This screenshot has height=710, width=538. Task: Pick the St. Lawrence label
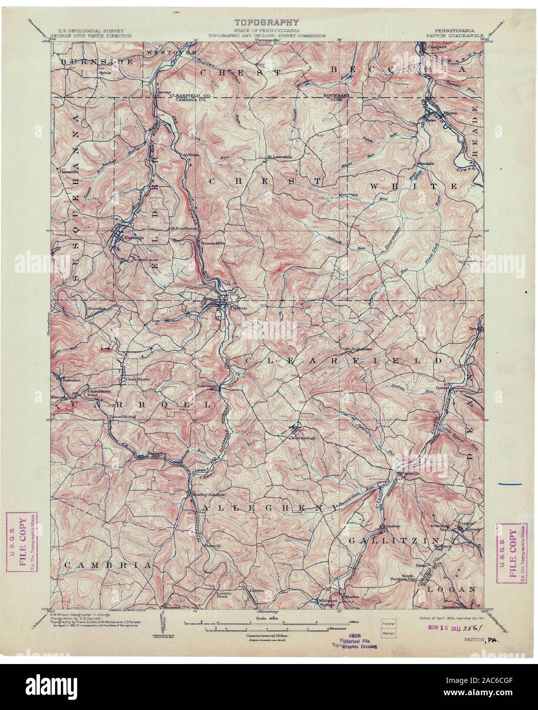280,156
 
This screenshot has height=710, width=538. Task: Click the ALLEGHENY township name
271,508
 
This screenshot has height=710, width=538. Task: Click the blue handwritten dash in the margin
512,483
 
